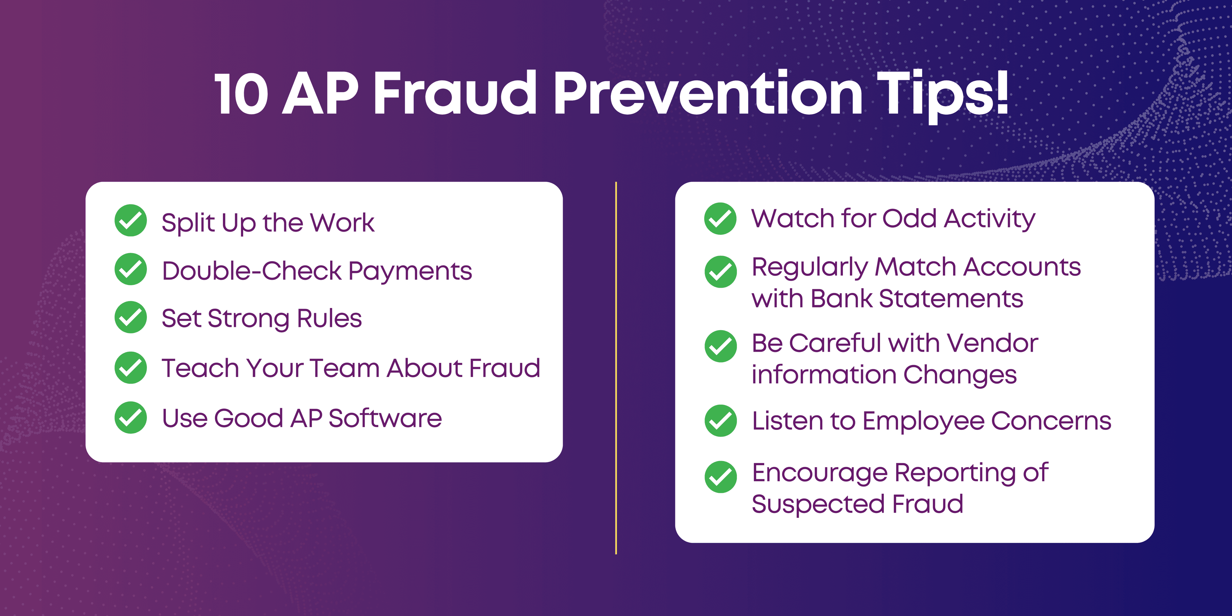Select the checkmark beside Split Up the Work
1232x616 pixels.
click(x=131, y=220)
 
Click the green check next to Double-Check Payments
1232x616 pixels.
click(x=131, y=269)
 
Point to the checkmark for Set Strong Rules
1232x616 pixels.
click(x=131, y=317)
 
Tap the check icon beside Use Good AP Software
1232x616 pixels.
click(x=131, y=417)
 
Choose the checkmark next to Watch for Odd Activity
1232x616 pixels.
click(x=720, y=218)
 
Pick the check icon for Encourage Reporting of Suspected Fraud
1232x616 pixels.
click(x=720, y=477)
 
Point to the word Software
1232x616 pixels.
click(x=385, y=418)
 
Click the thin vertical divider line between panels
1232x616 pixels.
click(x=616, y=368)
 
